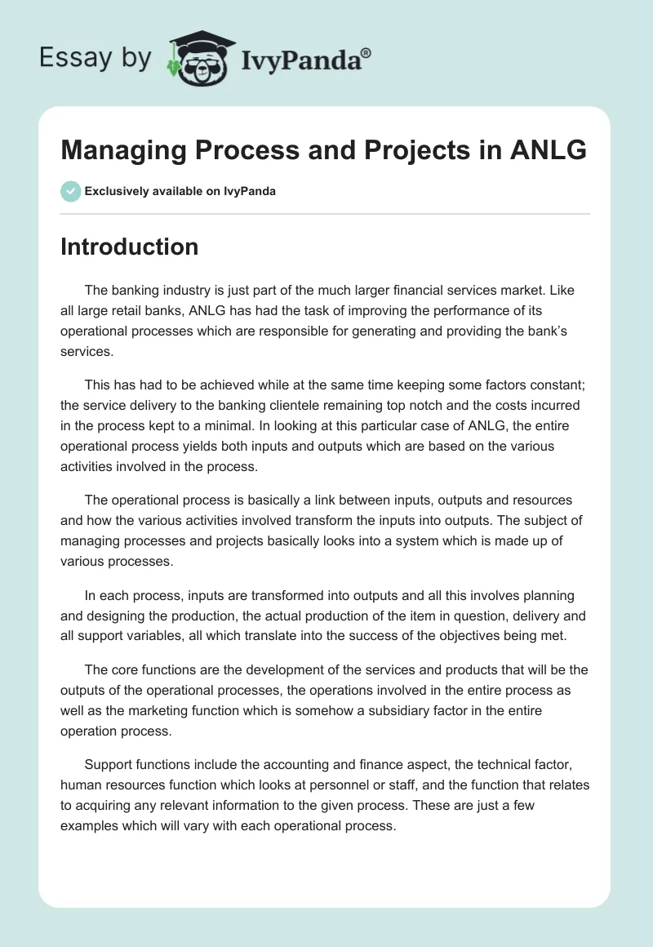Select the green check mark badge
click(x=70, y=191)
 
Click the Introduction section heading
click(x=130, y=247)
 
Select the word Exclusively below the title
click(x=116, y=191)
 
